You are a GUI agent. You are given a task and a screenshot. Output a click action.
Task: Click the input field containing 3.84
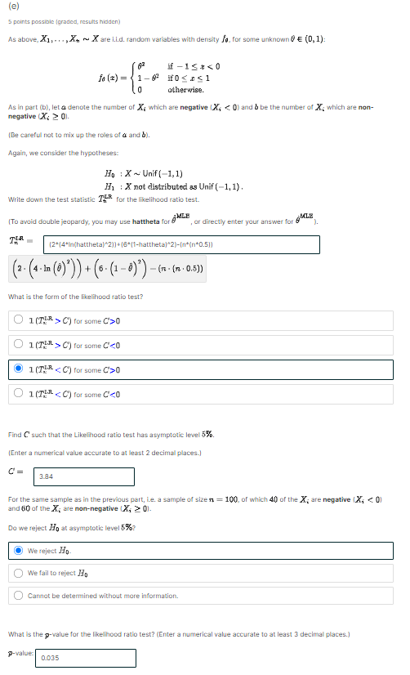(x=84, y=476)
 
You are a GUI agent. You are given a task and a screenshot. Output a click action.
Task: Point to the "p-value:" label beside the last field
(x=21, y=652)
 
